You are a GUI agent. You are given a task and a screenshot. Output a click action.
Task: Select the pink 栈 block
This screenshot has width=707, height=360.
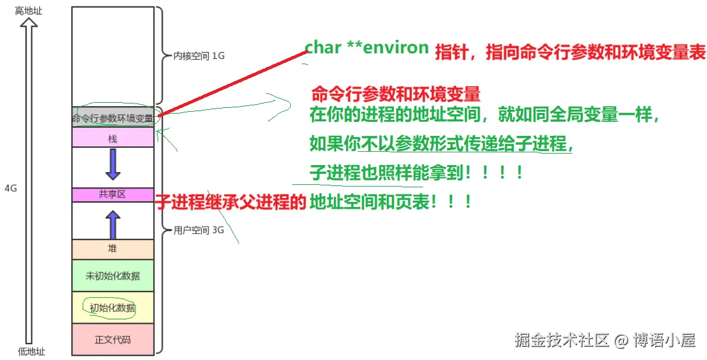(112, 138)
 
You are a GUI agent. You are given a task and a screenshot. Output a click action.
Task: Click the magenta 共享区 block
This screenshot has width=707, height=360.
(112, 195)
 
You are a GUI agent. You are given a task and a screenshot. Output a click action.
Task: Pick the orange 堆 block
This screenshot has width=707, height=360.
(112, 249)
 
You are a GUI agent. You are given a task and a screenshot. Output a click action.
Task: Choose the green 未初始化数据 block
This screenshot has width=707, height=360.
(112, 276)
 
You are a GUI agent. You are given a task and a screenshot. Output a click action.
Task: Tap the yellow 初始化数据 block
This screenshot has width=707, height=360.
(112, 308)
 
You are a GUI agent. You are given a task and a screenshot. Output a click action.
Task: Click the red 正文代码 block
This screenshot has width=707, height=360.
(112, 339)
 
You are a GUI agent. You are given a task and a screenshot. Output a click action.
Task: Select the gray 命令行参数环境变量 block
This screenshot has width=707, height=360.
(112, 117)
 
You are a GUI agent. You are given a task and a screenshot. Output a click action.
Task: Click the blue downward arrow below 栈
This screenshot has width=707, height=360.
(112, 164)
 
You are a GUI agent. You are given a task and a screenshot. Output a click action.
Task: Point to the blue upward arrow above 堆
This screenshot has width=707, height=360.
(112, 224)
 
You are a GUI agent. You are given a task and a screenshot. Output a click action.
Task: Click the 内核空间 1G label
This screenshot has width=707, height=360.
(199, 56)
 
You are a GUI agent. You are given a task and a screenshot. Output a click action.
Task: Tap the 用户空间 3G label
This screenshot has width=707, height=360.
(199, 230)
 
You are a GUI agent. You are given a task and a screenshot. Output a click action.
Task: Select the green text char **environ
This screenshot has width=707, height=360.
(367, 48)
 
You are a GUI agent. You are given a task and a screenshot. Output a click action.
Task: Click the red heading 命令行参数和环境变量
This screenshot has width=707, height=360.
(395, 95)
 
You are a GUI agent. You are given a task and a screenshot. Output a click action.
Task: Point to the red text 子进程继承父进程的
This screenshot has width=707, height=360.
(231, 203)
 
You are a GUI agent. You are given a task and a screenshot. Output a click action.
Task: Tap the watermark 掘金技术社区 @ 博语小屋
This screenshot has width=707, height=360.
(604, 340)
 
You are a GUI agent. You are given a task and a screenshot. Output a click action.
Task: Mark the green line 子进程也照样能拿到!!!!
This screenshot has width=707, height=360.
(416, 173)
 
